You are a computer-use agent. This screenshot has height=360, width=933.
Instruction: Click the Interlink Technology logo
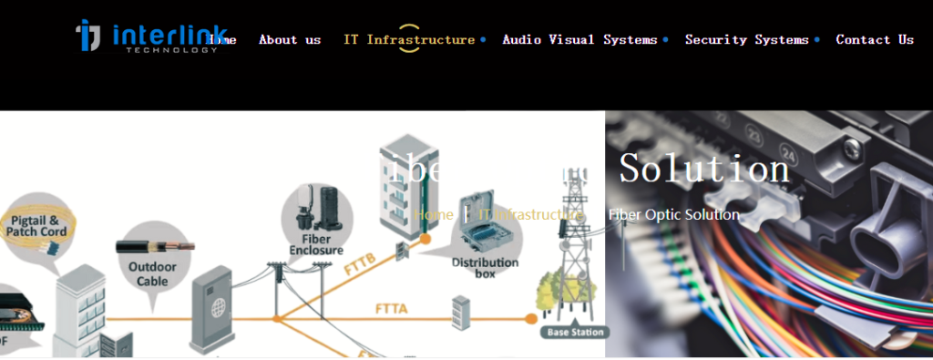click(x=150, y=36)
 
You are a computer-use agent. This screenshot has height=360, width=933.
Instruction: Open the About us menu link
click(x=290, y=40)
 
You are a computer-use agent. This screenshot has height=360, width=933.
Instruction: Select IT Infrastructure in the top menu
click(x=409, y=40)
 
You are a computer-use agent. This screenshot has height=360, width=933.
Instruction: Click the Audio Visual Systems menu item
click(x=579, y=40)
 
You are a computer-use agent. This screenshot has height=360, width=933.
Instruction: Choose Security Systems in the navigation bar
click(x=746, y=40)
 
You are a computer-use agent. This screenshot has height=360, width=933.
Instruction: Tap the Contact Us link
click(x=875, y=40)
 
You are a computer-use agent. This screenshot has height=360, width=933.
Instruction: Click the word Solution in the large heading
click(x=704, y=170)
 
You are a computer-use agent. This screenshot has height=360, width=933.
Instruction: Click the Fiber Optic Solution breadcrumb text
click(x=674, y=215)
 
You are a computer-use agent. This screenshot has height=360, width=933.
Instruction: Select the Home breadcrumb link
click(x=434, y=215)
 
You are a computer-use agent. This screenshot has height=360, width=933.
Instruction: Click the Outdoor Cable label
click(x=148, y=274)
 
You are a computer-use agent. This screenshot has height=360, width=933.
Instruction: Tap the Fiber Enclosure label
click(x=316, y=243)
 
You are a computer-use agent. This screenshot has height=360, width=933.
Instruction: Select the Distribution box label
click(x=485, y=268)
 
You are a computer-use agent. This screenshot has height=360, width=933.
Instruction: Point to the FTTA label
click(x=391, y=309)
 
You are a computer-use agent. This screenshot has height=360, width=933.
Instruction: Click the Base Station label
click(x=576, y=333)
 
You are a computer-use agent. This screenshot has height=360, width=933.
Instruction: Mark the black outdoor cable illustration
click(x=155, y=246)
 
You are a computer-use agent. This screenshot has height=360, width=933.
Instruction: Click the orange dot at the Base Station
click(x=531, y=318)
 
